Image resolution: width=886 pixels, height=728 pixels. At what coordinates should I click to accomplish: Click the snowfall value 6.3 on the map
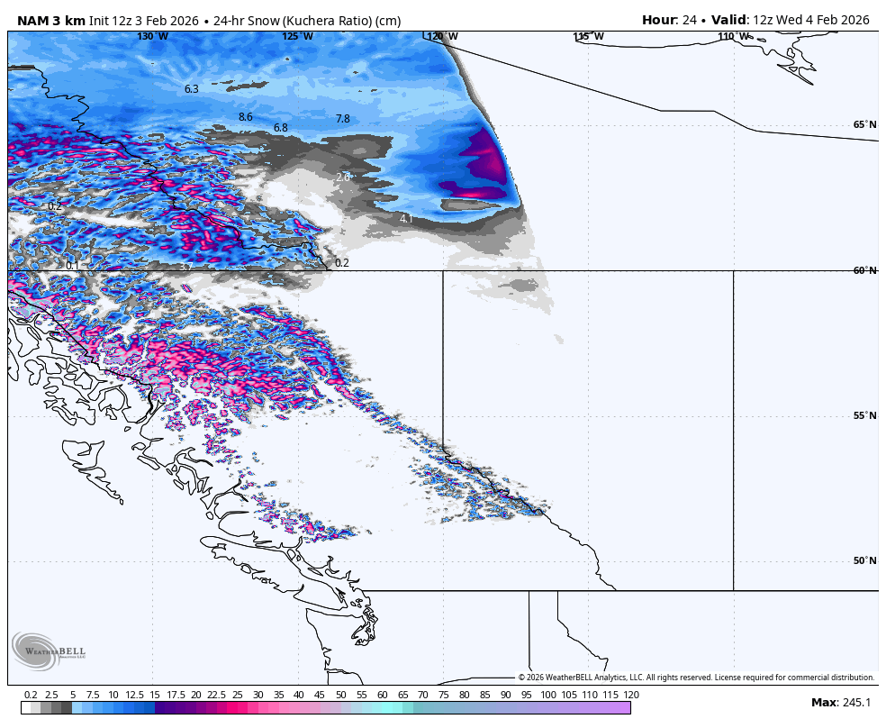pos(191,89)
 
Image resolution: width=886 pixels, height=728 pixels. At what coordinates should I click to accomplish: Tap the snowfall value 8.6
pos(245,117)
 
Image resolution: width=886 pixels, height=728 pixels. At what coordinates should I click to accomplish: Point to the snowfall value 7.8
pos(342,119)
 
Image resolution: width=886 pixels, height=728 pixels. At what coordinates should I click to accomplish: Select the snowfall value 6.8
pos(280,128)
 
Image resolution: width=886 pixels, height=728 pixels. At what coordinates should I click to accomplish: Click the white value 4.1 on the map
pos(406,219)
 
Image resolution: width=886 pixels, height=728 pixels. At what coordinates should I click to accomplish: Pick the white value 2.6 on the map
pos(342,177)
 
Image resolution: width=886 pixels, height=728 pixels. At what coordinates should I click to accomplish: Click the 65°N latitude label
pos(864,125)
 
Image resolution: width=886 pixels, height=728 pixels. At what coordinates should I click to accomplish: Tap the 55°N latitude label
pos(864,415)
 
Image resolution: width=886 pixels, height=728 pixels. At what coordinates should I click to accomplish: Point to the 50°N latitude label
pos(864,560)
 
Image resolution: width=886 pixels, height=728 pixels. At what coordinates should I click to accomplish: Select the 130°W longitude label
pos(152,36)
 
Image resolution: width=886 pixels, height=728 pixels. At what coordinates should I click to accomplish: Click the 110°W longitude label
pos(734,36)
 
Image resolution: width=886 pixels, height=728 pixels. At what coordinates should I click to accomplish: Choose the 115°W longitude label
pos(588,36)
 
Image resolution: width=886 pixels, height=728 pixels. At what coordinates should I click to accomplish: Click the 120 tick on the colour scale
pos(631,695)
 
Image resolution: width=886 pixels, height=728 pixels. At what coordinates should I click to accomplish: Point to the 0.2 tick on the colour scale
pos(31,695)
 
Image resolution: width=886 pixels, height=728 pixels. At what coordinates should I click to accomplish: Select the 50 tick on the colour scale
pos(341,695)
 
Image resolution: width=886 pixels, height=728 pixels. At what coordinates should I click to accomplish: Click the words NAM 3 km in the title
pos(51,20)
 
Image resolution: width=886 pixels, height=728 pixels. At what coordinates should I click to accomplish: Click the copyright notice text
pos(696,678)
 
